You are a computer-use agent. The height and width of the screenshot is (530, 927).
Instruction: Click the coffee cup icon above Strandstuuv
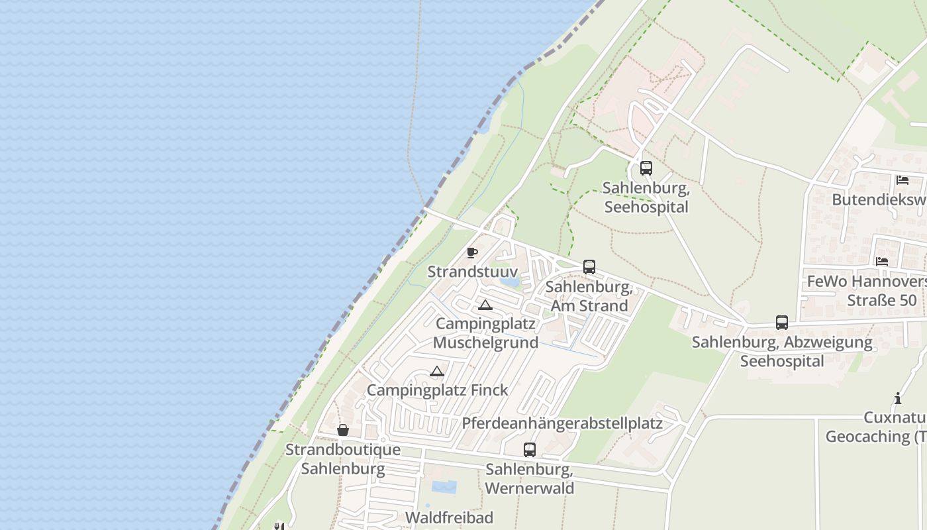tap(471, 252)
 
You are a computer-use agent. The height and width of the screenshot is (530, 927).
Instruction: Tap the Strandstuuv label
tap(472, 272)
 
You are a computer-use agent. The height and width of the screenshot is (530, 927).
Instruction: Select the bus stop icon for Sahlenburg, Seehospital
tap(646, 168)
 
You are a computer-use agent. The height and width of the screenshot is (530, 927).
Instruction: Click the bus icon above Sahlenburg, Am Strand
tap(589, 267)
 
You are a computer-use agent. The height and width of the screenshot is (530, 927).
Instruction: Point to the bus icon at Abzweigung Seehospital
tap(782, 323)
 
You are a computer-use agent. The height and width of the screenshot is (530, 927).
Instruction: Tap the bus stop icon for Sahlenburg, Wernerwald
tap(530, 450)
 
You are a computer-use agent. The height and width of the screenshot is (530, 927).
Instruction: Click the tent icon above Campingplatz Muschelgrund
tap(485, 305)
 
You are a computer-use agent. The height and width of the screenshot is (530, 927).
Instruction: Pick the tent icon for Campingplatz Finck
tap(436, 372)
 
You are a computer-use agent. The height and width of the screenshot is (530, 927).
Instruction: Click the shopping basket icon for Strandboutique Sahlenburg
tap(343, 431)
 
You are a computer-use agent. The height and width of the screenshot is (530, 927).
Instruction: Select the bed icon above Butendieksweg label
tap(902, 180)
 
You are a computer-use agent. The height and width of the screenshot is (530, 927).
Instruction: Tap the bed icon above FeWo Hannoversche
tap(882, 262)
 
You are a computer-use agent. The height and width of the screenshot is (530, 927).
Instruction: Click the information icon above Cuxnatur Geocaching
tap(898, 398)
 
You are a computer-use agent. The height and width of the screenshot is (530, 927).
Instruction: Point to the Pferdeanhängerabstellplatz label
tap(562, 423)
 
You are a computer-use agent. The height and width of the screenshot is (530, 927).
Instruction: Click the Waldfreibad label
tap(449, 517)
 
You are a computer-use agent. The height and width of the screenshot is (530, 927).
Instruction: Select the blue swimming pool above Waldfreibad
tap(444, 488)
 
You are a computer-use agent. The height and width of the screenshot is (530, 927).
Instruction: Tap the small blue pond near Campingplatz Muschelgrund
tap(510, 282)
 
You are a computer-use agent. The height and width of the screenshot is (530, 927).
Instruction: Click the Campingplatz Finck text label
tap(438, 390)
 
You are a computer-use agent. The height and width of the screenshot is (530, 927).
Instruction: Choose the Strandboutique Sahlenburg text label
tap(343, 459)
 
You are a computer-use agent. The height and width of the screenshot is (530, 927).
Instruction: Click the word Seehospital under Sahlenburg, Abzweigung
tap(782, 361)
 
